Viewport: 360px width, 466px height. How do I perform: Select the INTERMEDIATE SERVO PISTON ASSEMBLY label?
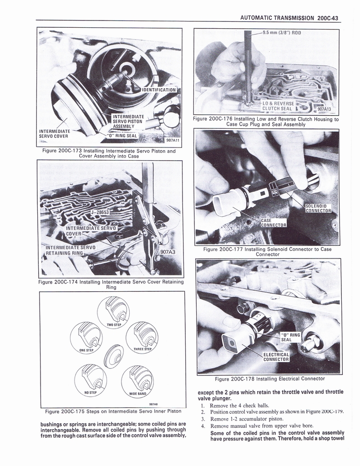click(x=128, y=121)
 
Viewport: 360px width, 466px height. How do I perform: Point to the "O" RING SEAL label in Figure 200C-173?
click(x=122, y=135)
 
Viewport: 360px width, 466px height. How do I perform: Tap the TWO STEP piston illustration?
click(x=113, y=311)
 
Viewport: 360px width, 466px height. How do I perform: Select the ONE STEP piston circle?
click(x=86, y=337)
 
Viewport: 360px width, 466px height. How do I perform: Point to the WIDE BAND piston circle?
click(x=138, y=380)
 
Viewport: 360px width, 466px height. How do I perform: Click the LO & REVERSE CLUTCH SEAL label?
click(x=278, y=106)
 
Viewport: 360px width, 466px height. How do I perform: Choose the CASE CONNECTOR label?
click(x=273, y=223)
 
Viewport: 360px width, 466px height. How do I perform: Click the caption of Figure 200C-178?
click(x=269, y=379)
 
